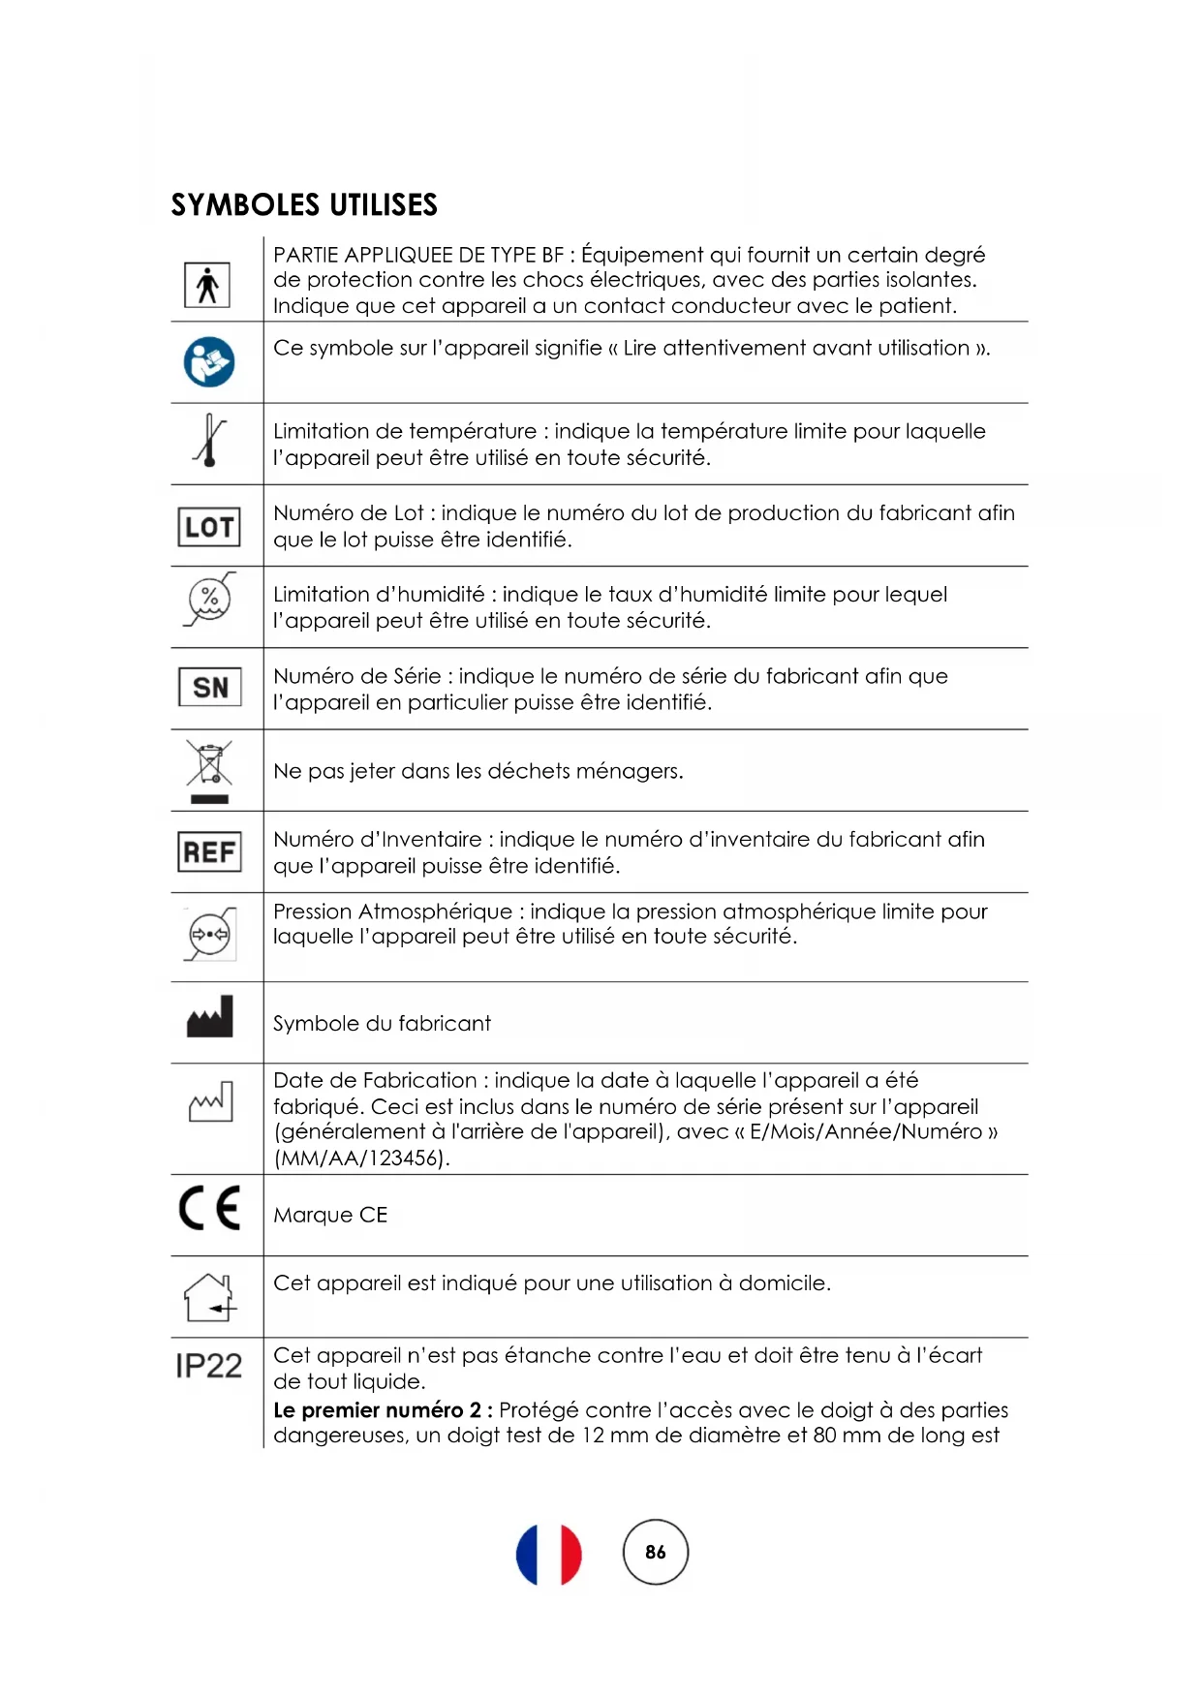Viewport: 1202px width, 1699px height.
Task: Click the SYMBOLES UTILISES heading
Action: tap(304, 205)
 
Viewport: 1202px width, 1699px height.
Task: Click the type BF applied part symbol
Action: tap(207, 286)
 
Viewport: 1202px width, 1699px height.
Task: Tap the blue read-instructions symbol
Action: tap(209, 362)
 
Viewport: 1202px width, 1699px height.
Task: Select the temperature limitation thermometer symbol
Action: tap(209, 441)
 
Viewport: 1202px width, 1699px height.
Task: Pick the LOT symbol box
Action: tap(209, 527)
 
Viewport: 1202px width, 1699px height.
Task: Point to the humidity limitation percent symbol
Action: tap(209, 600)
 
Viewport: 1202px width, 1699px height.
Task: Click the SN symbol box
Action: tap(210, 688)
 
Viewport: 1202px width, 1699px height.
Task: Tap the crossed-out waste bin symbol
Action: tap(209, 771)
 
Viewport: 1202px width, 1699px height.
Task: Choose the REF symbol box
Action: tap(209, 852)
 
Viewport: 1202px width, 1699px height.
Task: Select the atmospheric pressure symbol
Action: tap(209, 935)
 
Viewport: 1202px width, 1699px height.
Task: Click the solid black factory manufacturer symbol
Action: tap(210, 1017)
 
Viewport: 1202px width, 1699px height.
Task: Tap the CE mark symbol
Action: tap(209, 1208)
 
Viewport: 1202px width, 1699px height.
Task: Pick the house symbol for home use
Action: tap(210, 1297)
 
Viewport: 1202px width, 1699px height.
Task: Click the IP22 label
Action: tap(209, 1366)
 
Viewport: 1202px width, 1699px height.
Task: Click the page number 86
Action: tap(656, 1552)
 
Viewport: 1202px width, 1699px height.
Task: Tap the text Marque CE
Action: tap(330, 1216)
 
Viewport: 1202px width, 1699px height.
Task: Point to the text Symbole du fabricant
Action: tap(382, 1024)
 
